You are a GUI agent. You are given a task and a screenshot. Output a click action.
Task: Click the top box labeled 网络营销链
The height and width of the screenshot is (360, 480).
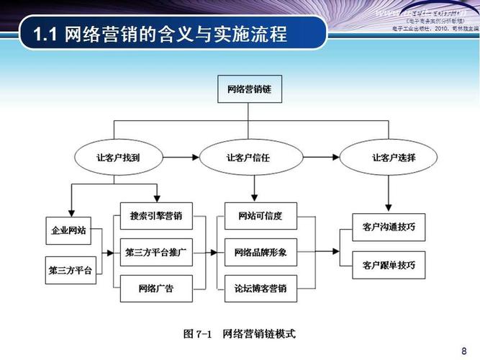point(248,90)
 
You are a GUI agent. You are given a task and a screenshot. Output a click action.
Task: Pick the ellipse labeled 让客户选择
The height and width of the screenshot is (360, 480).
point(389,157)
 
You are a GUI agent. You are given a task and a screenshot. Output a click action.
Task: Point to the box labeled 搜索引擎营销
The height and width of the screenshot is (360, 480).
point(156,216)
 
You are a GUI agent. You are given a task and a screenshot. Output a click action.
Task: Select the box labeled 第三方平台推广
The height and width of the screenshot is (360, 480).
point(156,252)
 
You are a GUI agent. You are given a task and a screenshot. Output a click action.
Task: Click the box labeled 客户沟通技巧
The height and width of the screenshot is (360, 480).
point(389,227)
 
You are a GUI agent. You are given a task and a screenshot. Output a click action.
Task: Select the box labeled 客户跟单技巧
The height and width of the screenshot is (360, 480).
point(389,265)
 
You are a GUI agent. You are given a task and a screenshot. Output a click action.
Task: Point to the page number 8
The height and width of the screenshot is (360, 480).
point(463,351)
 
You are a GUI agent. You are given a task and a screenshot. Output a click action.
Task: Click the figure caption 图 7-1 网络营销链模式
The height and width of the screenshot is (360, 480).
point(240,334)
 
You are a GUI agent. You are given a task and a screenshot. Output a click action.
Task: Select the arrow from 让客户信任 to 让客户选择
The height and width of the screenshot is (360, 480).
point(319,157)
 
